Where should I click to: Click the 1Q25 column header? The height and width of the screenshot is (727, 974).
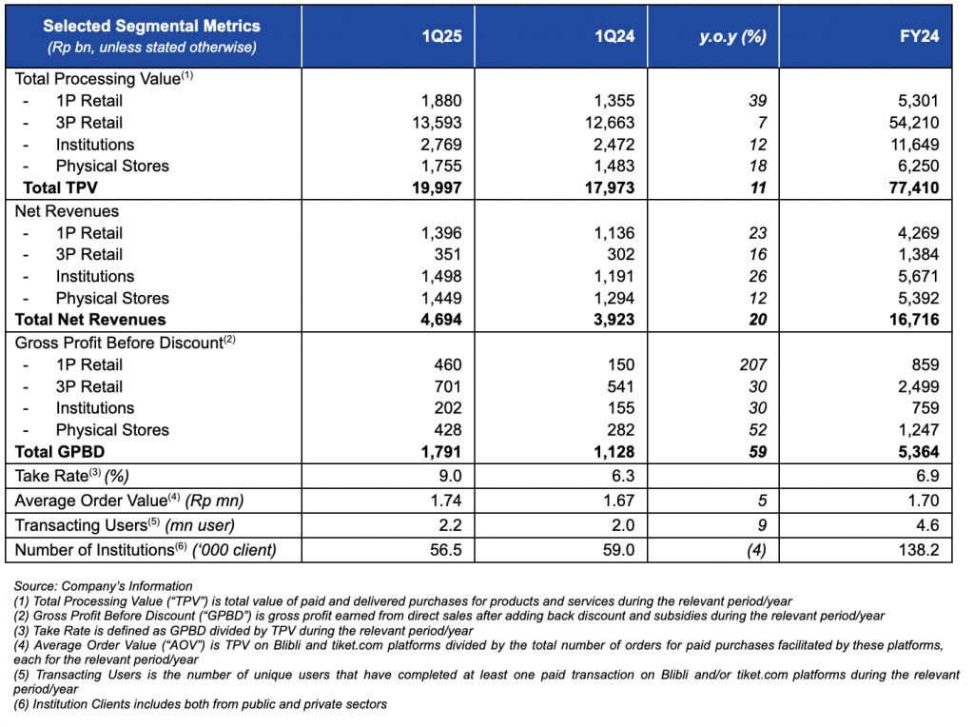(x=441, y=36)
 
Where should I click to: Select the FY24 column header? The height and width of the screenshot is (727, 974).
(x=920, y=36)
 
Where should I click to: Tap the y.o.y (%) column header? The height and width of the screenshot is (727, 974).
(x=732, y=37)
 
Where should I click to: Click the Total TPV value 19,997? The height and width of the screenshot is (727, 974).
(x=437, y=187)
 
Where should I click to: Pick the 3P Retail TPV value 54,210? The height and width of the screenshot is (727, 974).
(x=914, y=123)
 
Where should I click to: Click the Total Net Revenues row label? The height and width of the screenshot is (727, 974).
(x=90, y=320)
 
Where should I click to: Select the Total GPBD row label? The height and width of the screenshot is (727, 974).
(x=60, y=452)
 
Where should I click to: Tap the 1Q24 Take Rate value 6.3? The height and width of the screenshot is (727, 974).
(x=622, y=476)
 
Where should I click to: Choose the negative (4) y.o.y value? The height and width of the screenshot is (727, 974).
(x=756, y=550)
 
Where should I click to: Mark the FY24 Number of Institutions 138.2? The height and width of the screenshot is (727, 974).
(x=918, y=550)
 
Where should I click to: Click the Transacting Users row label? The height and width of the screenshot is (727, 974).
(x=125, y=525)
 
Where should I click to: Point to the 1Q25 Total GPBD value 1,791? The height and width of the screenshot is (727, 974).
(x=441, y=452)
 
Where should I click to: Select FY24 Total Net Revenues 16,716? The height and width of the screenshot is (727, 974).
(x=914, y=320)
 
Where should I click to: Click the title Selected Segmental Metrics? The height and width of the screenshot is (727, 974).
(x=151, y=26)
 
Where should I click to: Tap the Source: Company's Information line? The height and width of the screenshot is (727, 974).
(x=103, y=586)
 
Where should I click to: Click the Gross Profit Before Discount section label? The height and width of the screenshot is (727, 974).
(x=126, y=343)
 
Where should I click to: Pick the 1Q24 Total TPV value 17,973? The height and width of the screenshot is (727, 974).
(x=610, y=187)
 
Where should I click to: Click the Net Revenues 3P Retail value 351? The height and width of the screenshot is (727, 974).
(x=448, y=254)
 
